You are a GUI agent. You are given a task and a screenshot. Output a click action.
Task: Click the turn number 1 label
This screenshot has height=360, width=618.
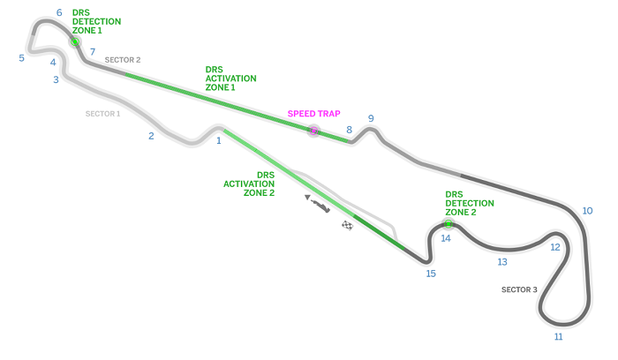tap(218, 139)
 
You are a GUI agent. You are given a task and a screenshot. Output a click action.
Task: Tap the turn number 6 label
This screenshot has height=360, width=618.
tap(59, 13)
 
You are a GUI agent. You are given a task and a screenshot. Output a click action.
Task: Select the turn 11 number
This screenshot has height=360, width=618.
tap(558, 336)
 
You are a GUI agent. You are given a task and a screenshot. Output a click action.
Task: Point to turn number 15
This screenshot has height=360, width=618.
tap(431, 274)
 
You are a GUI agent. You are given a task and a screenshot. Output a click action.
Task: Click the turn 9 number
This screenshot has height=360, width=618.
tap(371, 118)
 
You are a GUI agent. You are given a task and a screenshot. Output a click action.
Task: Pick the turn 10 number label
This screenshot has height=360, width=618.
tap(587, 211)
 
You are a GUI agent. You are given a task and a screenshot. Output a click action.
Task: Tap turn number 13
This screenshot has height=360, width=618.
tap(502, 262)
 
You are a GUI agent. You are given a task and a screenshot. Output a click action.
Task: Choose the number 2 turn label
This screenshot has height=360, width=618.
tap(151, 136)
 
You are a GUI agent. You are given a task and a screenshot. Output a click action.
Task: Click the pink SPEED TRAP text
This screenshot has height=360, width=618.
tap(313, 114)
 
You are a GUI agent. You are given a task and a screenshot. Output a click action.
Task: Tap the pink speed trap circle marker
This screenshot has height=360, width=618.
tap(313, 131)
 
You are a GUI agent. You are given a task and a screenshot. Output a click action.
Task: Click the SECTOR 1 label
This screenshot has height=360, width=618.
tap(102, 114)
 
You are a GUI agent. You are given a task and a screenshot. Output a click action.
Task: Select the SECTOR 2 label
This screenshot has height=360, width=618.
tap(123, 60)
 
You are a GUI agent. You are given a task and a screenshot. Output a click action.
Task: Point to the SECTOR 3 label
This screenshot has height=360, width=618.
tap(518, 289)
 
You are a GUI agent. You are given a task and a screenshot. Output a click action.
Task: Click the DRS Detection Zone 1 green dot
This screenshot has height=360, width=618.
tap(75, 41)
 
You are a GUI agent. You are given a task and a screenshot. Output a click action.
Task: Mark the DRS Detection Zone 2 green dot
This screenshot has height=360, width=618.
tap(448, 224)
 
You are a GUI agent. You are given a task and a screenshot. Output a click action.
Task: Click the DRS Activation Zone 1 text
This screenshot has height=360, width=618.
tap(230, 78)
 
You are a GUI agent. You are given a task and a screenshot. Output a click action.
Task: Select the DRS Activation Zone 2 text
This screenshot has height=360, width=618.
tap(249, 184)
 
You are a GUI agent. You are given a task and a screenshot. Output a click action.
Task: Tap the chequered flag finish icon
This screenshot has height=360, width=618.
tap(347, 226)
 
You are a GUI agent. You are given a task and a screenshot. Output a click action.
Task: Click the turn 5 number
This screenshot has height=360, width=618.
tap(21, 58)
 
